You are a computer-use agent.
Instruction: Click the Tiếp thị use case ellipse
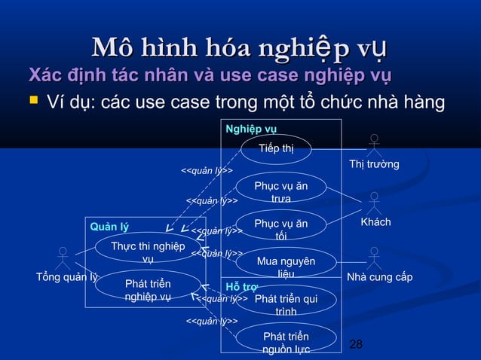(276, 148)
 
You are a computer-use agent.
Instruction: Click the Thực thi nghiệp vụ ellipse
(148, 251)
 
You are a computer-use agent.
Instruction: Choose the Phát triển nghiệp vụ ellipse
(148, 288)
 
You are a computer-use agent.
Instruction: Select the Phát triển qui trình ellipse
(286, 303)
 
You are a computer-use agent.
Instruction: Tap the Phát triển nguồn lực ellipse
(286, 340)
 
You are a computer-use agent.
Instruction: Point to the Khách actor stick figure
(375, 202)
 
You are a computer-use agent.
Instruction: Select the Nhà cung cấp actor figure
(374, 258)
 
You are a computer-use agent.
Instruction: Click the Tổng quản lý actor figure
(64, 258)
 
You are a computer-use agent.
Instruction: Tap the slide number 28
(357, 344)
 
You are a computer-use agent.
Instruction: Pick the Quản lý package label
(109, 227)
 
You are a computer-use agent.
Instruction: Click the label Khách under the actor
(375, 223)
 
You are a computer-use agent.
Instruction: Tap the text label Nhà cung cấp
(379, 277)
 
